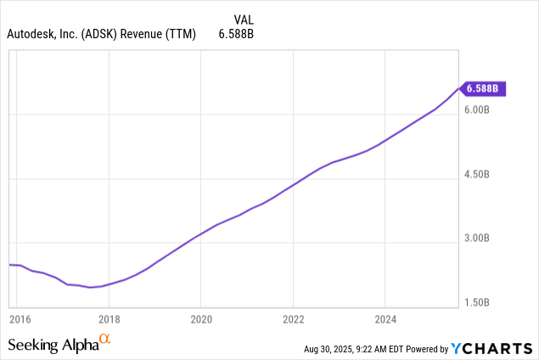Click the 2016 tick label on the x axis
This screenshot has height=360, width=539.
pyautogui.click(x=19, y=319)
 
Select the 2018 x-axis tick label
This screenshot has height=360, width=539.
pyautogui.click(x=109, y=319)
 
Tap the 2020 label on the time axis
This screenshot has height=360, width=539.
pyautogui.click(x=200, y=319)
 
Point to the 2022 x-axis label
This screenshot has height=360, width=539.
pyautogui.click(x=293, y=319)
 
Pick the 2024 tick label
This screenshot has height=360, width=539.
pyautogui.click(x=385, y=319)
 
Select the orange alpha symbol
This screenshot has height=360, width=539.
pyautogui.click(x=105, y=340)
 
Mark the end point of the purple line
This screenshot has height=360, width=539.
pyautogui.click(x=458, y=87)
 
